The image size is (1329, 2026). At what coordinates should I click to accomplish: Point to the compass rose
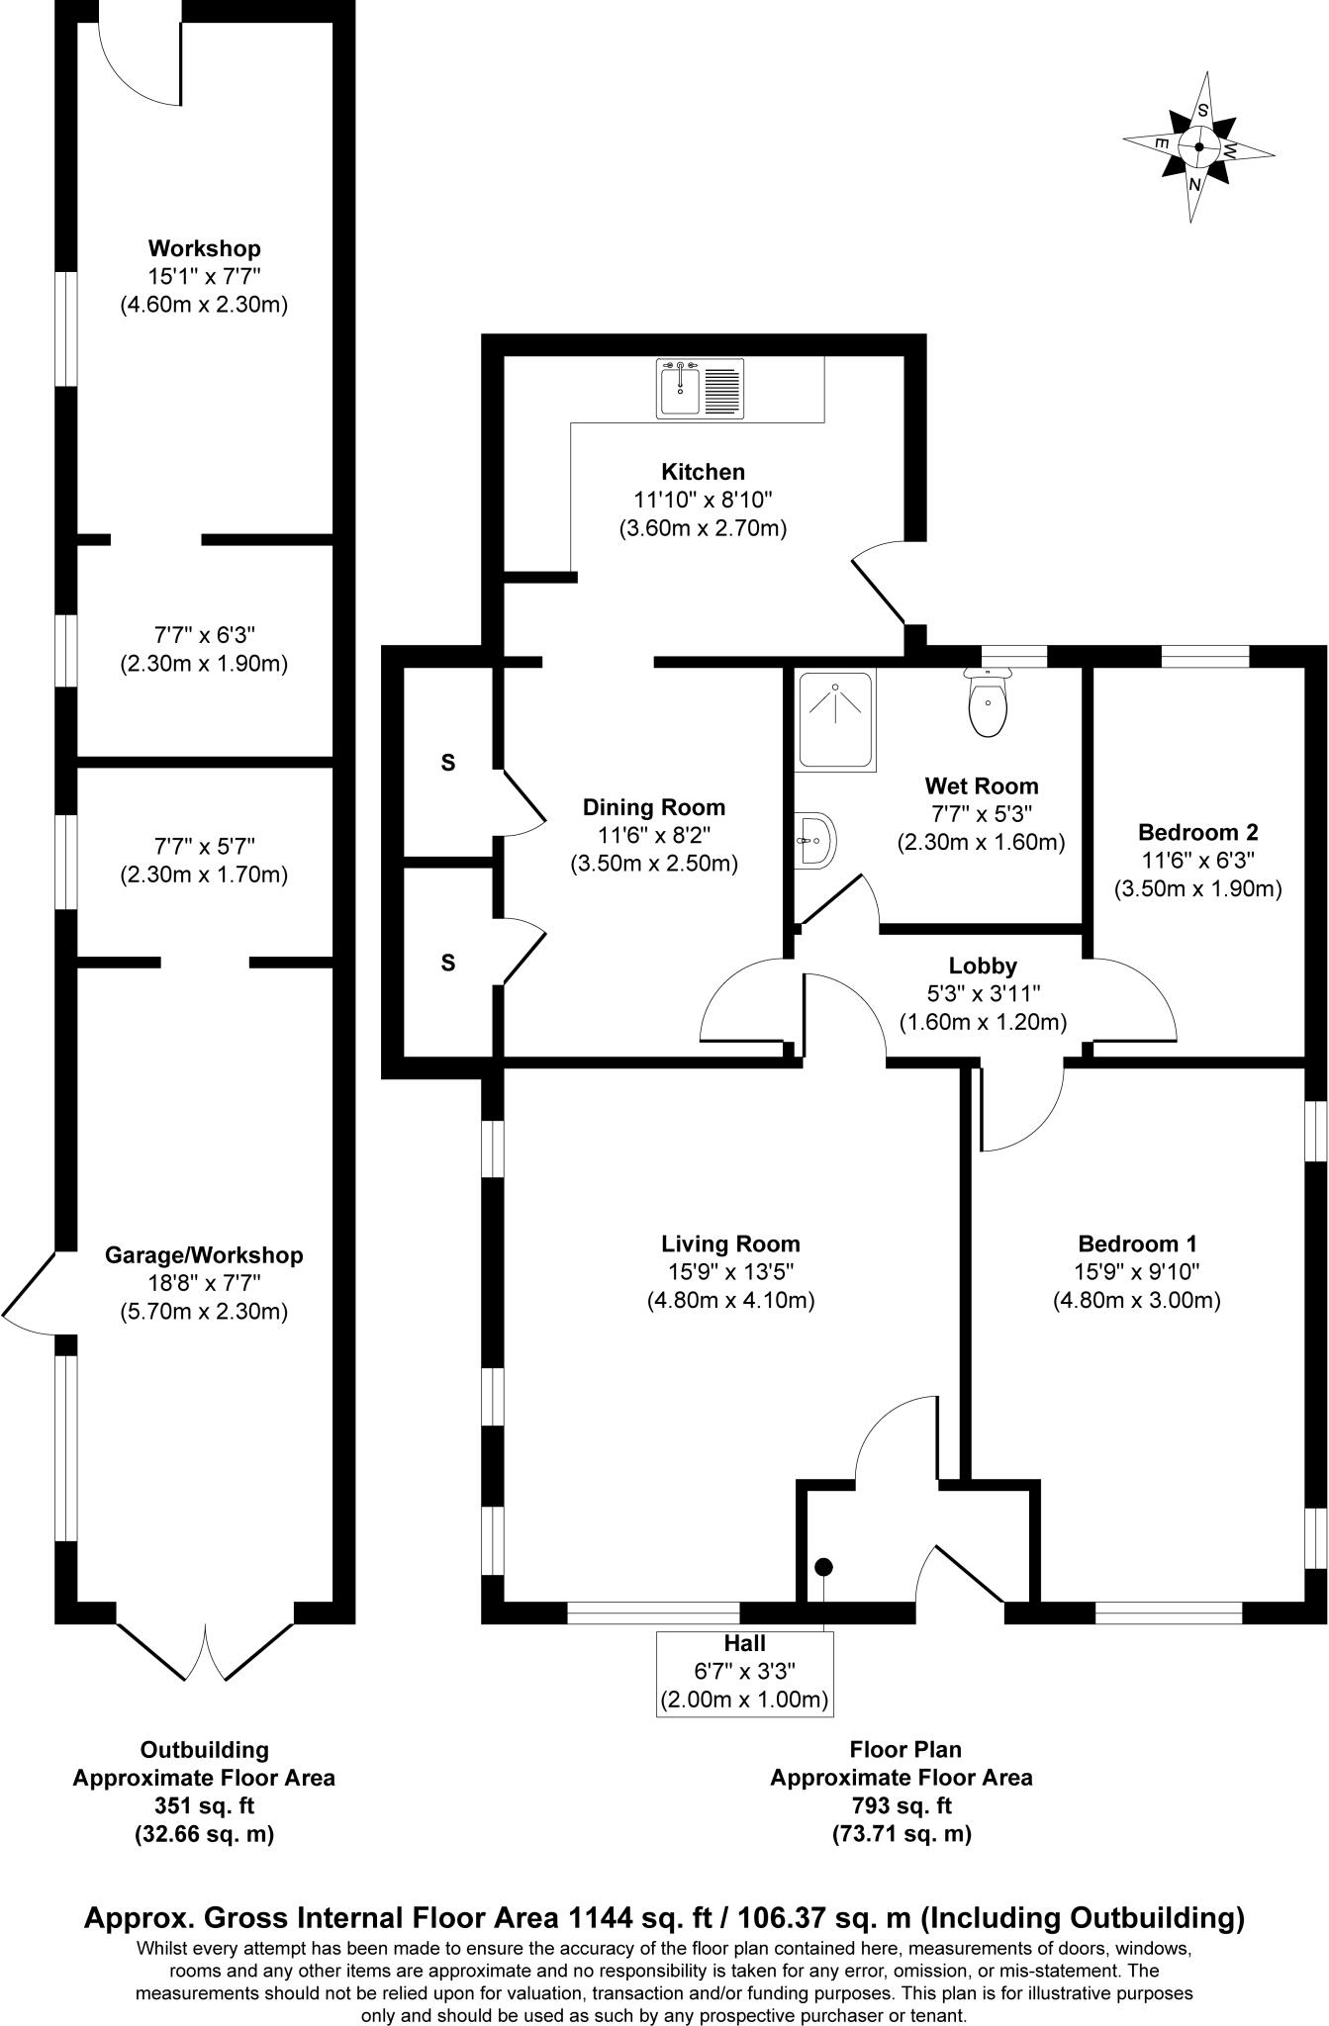click(x=1198, y=147)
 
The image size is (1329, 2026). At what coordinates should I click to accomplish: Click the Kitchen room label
click(x=704, y=472)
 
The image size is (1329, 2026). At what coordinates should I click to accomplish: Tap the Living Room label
click(x=730, y=1243)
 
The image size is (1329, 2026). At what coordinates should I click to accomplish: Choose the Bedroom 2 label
click(x=1198, y=832)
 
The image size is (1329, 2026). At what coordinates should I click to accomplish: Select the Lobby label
click(x=983, y=966)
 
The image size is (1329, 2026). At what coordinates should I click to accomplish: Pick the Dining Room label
click(x=654, y=807)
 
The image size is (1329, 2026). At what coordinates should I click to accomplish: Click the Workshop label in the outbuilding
click(x=205, y=248)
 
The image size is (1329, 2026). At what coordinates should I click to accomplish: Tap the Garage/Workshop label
click(x=204, y=1255)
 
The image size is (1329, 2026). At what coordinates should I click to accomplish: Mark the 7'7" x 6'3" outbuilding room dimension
click(x=205, y=634)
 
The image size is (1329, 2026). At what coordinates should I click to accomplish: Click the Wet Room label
click(x=982, y=786)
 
